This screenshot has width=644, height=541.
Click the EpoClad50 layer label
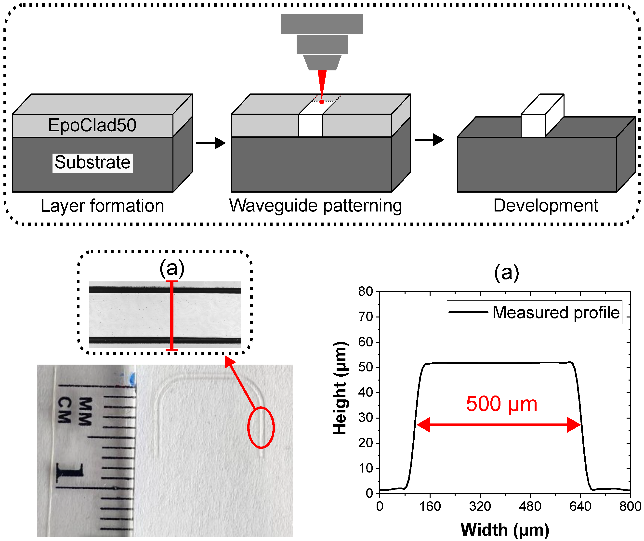(92, 125)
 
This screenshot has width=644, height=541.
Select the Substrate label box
(92, 162)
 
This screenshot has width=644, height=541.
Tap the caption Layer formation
(103, 206)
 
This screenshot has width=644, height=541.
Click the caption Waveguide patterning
(315, 206)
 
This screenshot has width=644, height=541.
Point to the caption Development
(546, 206)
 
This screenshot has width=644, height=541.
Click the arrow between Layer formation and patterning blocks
(211, 143)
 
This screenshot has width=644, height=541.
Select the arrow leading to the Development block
(429, 140)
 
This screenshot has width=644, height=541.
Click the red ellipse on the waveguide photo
(261, 427)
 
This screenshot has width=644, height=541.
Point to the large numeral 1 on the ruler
(70, 473)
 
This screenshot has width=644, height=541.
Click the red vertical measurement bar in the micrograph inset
(171, 315)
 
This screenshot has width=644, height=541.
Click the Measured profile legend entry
(534, 313)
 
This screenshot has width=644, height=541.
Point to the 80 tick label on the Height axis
(365, 291)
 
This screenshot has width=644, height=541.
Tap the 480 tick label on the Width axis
(530, 506)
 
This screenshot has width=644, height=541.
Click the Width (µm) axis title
(505, 530)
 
